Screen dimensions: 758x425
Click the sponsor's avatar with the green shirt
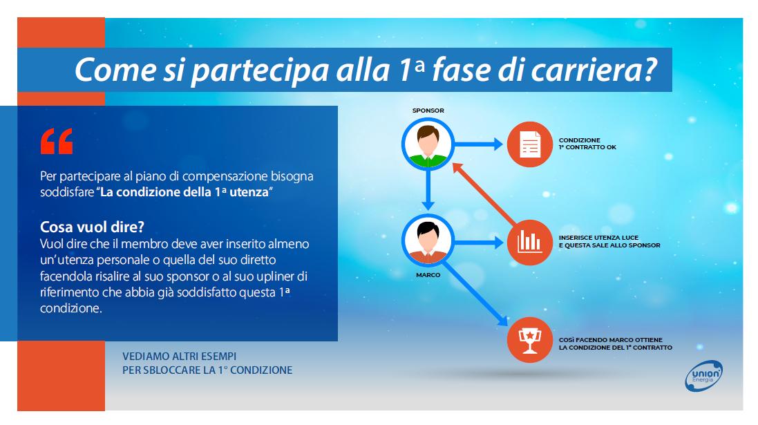pyautogui.click(x=428, y=144)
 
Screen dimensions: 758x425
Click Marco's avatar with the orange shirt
pyautogui.click(x=428, y=240)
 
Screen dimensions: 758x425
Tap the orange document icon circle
pyautogui.click(x=530, y=144)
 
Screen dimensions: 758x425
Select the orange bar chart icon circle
pyautogui.click(x=530, y=243)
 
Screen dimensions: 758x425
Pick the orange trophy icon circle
pyautogui.click(x=530, y=339)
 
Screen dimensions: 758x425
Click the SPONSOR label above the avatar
pyautogui.click(x=428, y=111)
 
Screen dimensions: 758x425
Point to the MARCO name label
pyautogui.click(x=428, y=274)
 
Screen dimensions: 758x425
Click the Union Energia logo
pyautogui.click(x=704, y=376)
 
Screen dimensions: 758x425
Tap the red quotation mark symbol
pyautogui.click(x=57, y=141)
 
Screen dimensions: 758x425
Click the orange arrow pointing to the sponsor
pyautogui.click(x=484, y=194)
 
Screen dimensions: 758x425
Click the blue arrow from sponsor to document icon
pyautogui.click(x=479, y=144)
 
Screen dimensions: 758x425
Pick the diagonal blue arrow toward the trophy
pyautogui.click(x=475, y=293)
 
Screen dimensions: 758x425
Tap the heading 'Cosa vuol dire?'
pyautogui.click(x=92, y=227)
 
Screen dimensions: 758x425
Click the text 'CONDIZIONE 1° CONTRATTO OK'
pyautogui.click(x=587, y=144)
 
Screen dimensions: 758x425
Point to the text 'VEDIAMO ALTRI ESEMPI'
pyautogui.click(x=180, y=357)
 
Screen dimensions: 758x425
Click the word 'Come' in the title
pyautogui.click(x=115, y=70)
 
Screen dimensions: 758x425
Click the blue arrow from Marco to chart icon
pyautogui.click(x=479, y=243)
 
